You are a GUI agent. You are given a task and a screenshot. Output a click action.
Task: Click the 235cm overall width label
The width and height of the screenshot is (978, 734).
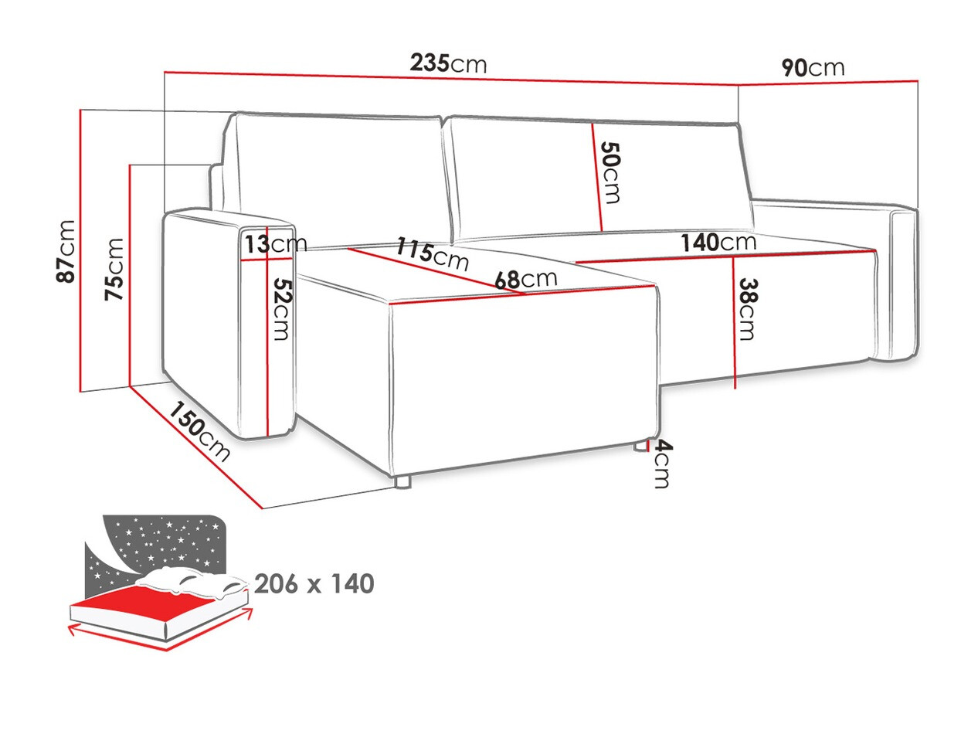pos(448,63)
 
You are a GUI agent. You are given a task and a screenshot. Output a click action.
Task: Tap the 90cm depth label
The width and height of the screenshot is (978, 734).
pos(813,68)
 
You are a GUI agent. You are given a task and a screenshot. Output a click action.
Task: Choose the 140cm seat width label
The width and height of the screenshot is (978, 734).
pos(718,243)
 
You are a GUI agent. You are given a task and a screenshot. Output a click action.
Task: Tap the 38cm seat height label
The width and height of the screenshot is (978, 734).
pos(746,308)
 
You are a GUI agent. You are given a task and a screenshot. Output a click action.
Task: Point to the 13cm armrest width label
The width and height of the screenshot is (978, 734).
pos(275,244)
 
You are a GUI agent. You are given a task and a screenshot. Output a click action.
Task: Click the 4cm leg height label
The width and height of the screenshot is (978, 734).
pos(661,464)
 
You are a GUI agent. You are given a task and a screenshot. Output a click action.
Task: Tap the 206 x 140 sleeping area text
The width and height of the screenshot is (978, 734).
pos(314,584)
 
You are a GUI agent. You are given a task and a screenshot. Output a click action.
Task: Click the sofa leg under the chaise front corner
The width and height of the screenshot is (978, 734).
pos(402,483)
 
